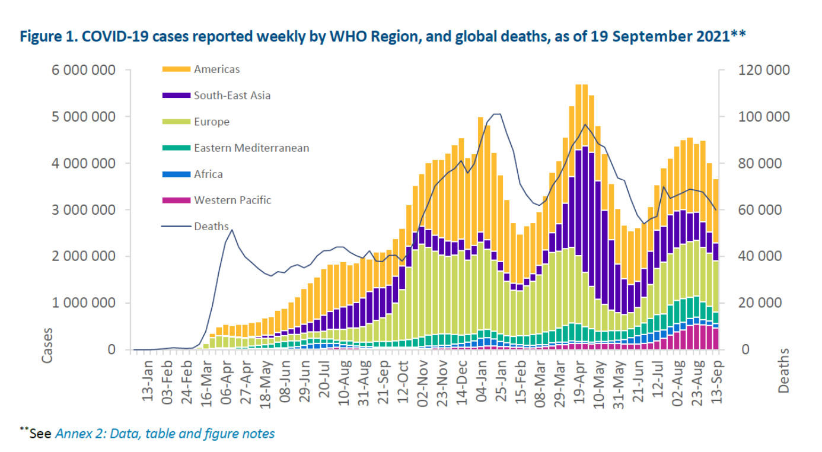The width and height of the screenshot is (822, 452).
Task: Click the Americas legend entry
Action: (216, 69)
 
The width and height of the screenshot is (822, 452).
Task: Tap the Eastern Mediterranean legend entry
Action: (251, 148)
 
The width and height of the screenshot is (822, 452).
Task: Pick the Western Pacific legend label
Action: (232, 200)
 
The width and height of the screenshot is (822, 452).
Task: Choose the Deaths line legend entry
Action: (212, 226)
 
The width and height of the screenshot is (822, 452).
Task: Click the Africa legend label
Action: (208, 174)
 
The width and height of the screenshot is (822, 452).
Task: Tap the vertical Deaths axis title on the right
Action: (784, 371)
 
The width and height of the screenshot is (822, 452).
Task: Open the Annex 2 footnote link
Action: (165, 434)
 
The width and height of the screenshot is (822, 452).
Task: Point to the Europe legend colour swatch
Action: (176, 122)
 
